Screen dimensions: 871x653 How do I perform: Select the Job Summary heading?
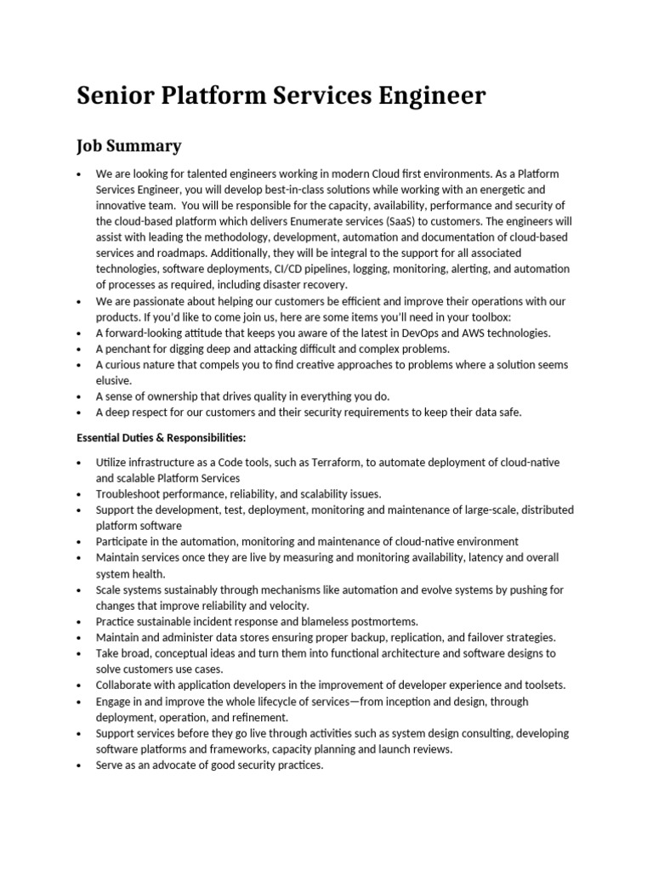[129, 146]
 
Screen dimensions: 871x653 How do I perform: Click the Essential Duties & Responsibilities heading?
[162, 437]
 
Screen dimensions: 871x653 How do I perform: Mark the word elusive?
[114, 380]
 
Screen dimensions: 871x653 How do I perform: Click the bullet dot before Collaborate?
[79, 686]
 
